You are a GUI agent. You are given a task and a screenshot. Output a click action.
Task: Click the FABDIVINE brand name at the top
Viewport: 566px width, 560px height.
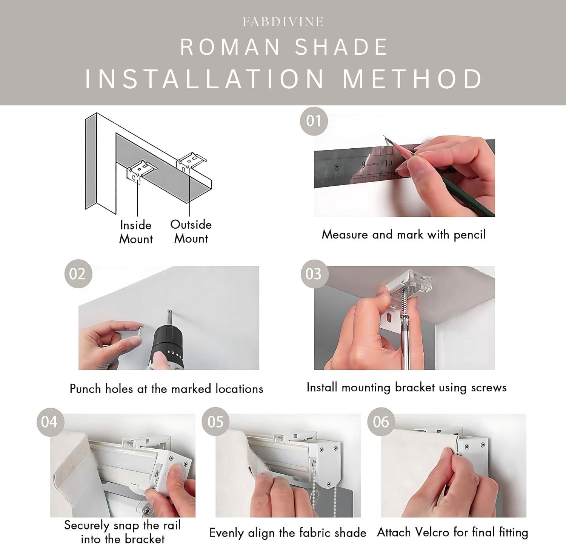(x=283, y=22)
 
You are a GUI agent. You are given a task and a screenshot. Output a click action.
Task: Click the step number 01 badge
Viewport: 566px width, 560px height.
(x=314, y=121)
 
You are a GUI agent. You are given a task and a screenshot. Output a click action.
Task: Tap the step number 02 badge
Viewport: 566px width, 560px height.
(x=78, y=273)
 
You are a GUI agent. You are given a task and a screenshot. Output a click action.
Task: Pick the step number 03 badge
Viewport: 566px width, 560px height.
(x=314, y=273)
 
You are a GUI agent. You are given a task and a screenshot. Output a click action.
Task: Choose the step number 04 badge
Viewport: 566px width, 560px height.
(x=49, y=422)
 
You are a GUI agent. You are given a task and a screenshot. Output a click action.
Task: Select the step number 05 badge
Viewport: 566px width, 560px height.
(x=215, y=422)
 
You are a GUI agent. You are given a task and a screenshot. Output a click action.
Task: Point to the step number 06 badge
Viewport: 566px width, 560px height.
(x=381, y=422)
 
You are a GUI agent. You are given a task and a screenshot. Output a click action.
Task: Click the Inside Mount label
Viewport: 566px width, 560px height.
(x=136, y=232)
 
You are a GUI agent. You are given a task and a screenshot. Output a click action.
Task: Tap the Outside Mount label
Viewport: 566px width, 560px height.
(x=191, y=231)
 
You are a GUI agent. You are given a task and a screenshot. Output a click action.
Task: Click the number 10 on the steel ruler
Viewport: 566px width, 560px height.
(x=388, y=163)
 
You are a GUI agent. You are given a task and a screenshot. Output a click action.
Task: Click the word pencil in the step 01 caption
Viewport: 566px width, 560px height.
(x=469, y=235)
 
